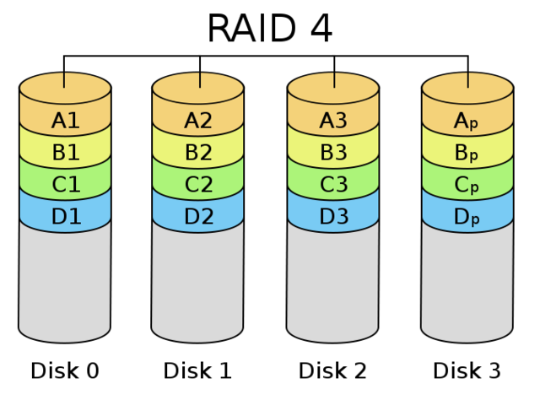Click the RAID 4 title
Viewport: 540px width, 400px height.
(x=269, y=29)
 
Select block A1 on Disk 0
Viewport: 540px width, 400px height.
(x=65, y=121)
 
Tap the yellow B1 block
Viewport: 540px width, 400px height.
(x=65, y=153)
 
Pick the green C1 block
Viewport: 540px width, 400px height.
(x=65, y=185)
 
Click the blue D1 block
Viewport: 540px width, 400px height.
(x=65, y=217)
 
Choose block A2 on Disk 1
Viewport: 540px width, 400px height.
(x=198, y=121)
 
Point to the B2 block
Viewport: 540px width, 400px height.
(x=198, y=153)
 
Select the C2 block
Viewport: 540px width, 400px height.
(x=198, y=185)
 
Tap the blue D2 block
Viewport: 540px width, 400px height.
(x=198, y=217)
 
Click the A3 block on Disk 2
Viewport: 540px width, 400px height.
(x=333, y=121)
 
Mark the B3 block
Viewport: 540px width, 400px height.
(x=333, y=153)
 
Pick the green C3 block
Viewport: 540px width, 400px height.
(x=333, y=185)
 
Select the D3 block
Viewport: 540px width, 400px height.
(x=333, y=217)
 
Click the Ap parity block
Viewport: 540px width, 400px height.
(x=467, y=121)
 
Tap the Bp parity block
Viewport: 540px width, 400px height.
(x=467, y=153)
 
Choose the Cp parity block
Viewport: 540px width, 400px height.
(x=467, y=185)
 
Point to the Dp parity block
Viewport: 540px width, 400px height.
(x=467, y=217)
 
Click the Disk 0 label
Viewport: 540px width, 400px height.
(x=65, y=370)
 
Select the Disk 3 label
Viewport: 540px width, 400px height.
(x=467, y=370)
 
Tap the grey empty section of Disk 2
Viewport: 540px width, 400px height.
(x=333, y=283)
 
